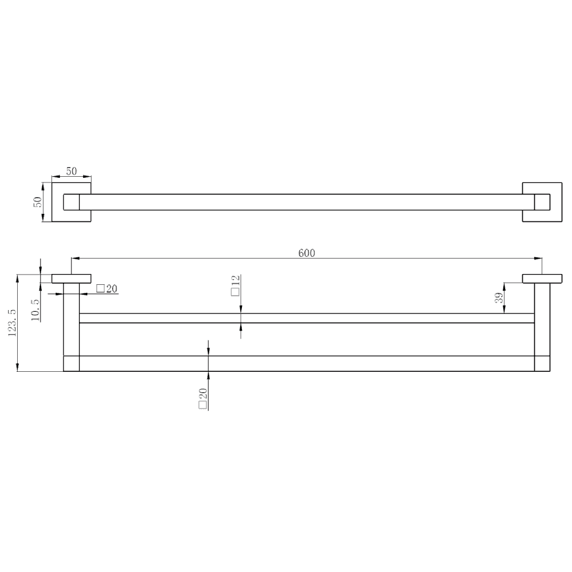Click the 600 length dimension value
(x=307, y=253)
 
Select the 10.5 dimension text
(x=36, y=309)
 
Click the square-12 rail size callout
(x=235, y=284)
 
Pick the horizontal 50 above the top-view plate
(x=71, y=171)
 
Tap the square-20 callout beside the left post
(x=107, y=289)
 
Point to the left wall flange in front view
(x=71, y=279)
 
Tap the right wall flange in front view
(x=542, y=279)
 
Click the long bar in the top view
(x=307, y=202)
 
